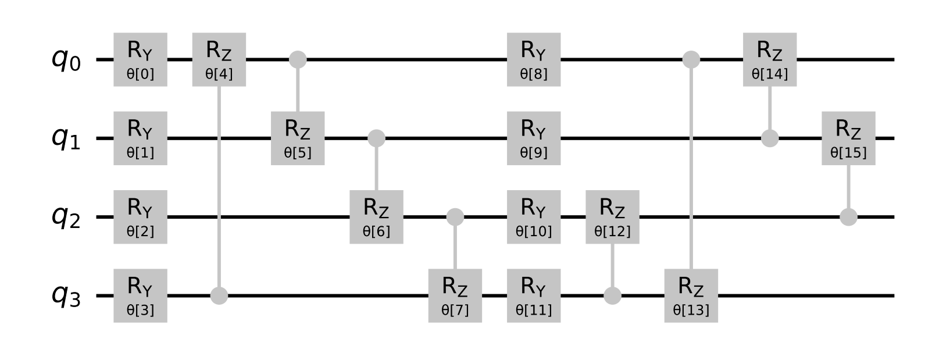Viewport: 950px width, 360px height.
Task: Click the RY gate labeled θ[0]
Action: point(140,59)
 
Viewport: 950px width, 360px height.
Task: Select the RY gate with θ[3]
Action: point(140,295)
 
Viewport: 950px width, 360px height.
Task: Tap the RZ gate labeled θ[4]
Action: point(219,59)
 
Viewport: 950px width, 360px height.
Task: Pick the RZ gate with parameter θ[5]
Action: point(298,138)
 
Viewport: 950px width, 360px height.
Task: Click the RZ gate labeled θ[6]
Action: point(376,217)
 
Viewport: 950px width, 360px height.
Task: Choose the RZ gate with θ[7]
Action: point(455,295)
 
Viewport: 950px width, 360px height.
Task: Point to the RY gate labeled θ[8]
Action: point(534,59)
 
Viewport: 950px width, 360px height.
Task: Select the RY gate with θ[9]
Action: point(534,138)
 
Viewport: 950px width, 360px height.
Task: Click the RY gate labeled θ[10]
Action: point(534,217)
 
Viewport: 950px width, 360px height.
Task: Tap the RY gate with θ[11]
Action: point(534,295)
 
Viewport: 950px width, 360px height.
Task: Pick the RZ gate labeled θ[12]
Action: point(612,217)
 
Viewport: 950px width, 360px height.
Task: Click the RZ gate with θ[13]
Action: point(691,295)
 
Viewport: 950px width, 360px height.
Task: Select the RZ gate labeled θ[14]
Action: point(770,59)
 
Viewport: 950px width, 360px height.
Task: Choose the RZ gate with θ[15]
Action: point(848,138)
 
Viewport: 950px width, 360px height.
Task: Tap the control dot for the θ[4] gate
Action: point(219,295)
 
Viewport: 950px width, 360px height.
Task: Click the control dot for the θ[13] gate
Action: point(691,59)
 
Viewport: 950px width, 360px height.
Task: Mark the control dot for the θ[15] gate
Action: point(848,217)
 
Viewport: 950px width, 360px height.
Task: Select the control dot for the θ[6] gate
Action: point(376,138)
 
